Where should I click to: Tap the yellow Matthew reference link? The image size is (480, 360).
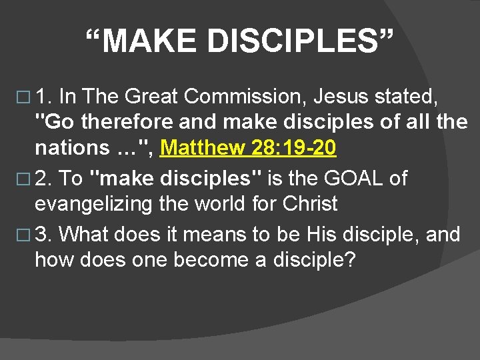click(248, 148)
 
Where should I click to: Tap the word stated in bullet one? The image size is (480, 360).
click(407, 98)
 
